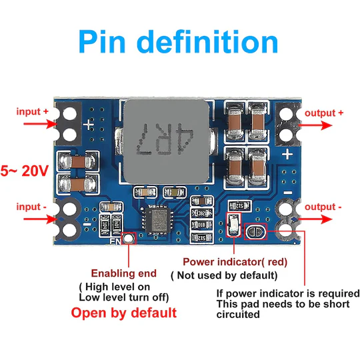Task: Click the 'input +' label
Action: [33, 111]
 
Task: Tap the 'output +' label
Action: [325, 113]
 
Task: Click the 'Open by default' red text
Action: [124, 313]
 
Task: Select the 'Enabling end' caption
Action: [124, 273]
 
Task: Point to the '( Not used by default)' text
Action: [223, 275]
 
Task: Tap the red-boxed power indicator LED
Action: [233, 227]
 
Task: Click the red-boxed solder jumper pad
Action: [255, 232]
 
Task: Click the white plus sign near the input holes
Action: [89, 123]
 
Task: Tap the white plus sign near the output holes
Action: [287, 154]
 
